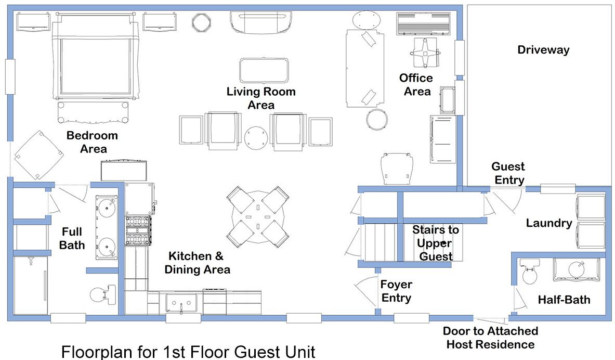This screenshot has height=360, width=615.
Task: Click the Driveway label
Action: point(543,50)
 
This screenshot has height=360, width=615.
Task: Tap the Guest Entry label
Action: point(508,173)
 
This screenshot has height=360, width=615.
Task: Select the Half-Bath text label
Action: point(564,300)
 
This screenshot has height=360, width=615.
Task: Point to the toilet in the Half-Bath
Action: point(529,271)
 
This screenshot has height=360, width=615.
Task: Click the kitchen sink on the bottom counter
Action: point(181,303)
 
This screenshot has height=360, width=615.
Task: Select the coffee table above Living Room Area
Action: point(264,70)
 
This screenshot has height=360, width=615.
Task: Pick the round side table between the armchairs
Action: point(256,138)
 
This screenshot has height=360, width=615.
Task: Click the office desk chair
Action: point(426,52)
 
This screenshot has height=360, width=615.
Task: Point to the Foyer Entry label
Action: point(397,291)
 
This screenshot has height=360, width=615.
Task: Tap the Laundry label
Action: point(548,223)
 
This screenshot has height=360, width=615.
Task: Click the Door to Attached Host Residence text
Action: point(490,338)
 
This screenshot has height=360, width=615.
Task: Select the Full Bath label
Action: point(72,238)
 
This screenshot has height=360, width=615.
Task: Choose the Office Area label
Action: point(416,84)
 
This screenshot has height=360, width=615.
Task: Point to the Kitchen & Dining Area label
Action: point(197,263)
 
